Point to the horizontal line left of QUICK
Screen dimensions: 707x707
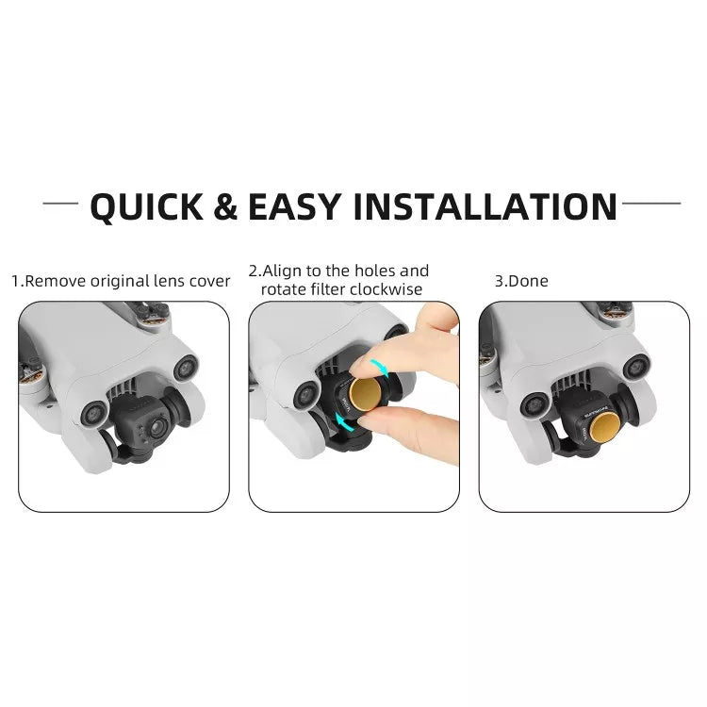tap(60, 204)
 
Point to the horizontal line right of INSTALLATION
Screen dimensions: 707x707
tap(651, 203)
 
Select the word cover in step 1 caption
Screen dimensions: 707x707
tap(209, 281)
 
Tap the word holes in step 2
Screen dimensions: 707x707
tap(373, 271)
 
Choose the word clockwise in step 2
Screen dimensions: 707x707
tap(387, 289)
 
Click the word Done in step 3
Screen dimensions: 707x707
tap(533, 281)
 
